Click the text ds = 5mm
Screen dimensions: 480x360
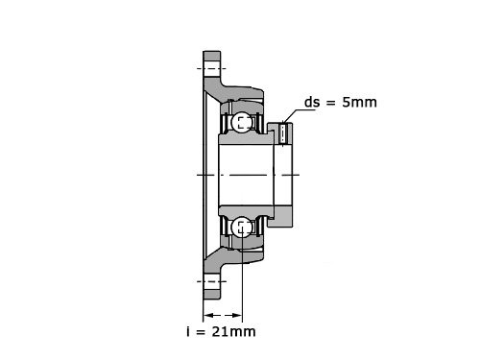(x=341, y=103)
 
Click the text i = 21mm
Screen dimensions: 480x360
(x=221, y=331)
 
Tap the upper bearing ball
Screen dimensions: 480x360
(x=242, y=122)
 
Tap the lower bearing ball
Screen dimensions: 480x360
(x=242, y=227)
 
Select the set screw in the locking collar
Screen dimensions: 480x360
(x=284, y=133)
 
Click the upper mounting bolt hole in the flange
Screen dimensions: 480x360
(x=212, y=68)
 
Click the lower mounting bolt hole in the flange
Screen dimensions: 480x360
(x=212, y=281)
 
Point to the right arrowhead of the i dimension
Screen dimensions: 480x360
(x=237, y=316)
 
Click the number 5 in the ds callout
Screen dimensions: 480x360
(x=347, y=103)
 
